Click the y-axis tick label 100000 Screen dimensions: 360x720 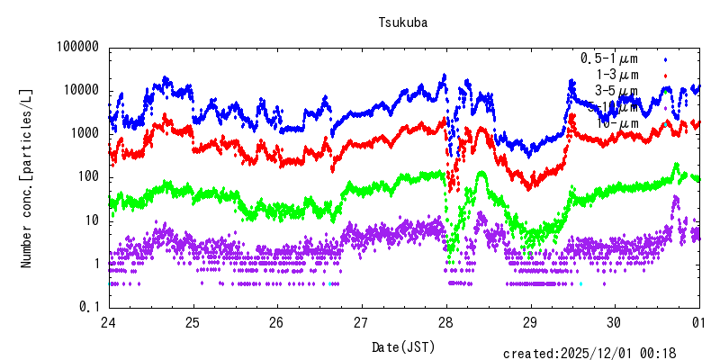(76, 47)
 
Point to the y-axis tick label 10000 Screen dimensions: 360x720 (80, 90)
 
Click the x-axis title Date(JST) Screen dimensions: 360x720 (402, 346)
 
